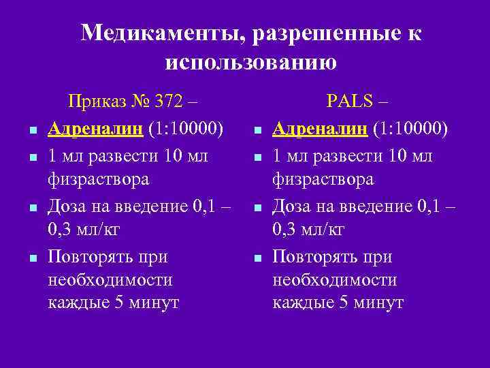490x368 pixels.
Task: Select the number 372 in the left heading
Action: [169, 102]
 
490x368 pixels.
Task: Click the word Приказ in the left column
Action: [96, 102]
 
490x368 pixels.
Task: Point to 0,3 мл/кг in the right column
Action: [308, 230]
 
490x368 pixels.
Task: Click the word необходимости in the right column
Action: [334, 280]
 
